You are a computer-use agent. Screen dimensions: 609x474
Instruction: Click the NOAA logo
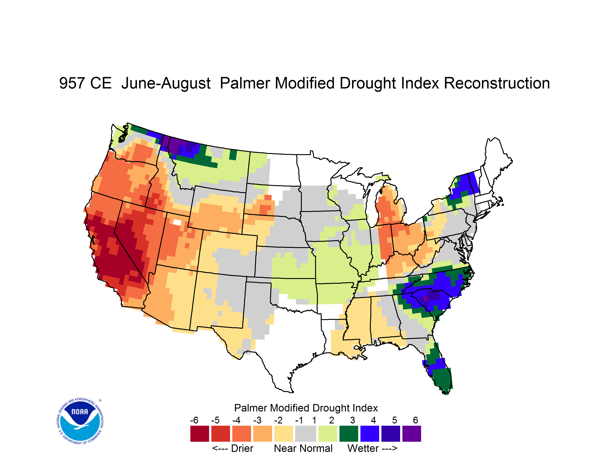pos(80,421)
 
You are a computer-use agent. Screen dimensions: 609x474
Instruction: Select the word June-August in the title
pos(166,84)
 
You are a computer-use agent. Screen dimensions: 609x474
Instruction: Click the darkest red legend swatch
pos(200,433)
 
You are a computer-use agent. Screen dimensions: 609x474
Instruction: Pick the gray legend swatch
pos(306,433)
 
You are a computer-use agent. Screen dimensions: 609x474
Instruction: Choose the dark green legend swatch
pos(348,433)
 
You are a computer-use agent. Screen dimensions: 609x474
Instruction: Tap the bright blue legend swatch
pos(370,433)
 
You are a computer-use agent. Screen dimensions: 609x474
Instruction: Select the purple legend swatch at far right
pos(412,433)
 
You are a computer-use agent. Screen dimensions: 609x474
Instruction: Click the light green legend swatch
pos(328,433)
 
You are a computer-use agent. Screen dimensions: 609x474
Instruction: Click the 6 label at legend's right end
pos(415,420)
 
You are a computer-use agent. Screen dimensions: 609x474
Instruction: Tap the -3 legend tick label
pos(257,420)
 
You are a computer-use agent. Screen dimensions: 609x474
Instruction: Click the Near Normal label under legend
pos(303,448)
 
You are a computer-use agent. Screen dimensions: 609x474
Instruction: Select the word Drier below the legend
pos(242,448)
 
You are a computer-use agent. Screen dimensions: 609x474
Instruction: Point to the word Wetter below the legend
pos(363,448)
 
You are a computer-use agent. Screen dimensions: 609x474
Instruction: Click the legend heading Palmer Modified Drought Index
pos(306,408)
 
